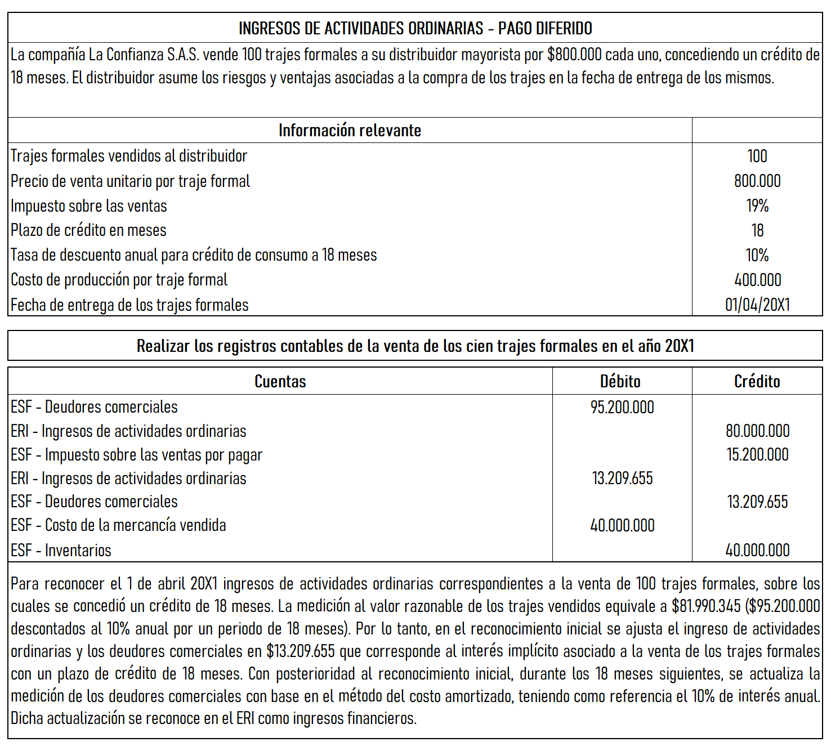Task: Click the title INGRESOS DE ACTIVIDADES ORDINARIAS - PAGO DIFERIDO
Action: (x=415, y=28)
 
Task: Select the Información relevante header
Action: (x=350, y=131)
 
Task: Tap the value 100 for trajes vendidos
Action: (x=757, y=156)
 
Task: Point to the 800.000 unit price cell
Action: (x=757, y=181)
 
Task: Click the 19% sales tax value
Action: (x=757, y=205)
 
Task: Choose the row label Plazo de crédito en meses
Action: (x=88, y=230)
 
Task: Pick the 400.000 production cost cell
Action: (x=757, y=280)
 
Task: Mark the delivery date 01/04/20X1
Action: (x=757, y=305)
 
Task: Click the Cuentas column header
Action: (x=280, y=381)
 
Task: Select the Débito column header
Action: (x=620, y=381)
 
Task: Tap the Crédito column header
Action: (x=757, y=381)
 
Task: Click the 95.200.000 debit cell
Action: (x=622, y=407)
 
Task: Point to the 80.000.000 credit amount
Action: (x=757, y=431)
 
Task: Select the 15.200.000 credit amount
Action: (x=757, y=454)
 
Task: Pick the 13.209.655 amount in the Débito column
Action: (x=622, y=478)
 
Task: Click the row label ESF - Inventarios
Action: (x=61, y=550)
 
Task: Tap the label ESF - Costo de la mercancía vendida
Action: (x=118, y=525)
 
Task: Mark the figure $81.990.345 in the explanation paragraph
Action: (x=706, y=606)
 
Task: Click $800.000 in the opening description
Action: (x=574, y=55)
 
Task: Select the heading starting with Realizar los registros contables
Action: (x=415, y=346)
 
